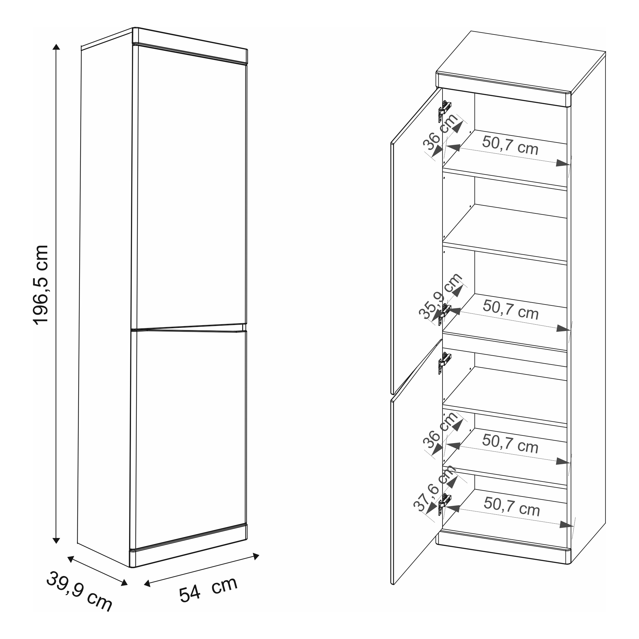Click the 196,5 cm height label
[41, 285]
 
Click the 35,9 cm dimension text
[441, 297]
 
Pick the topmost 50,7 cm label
[510, 145]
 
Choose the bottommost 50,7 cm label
[511, 506]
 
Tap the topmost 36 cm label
[441, 132]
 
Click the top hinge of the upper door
[444, 111]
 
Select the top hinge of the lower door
[444, 363]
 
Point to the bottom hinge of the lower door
[444, 504]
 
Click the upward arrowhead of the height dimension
[57, 47]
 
